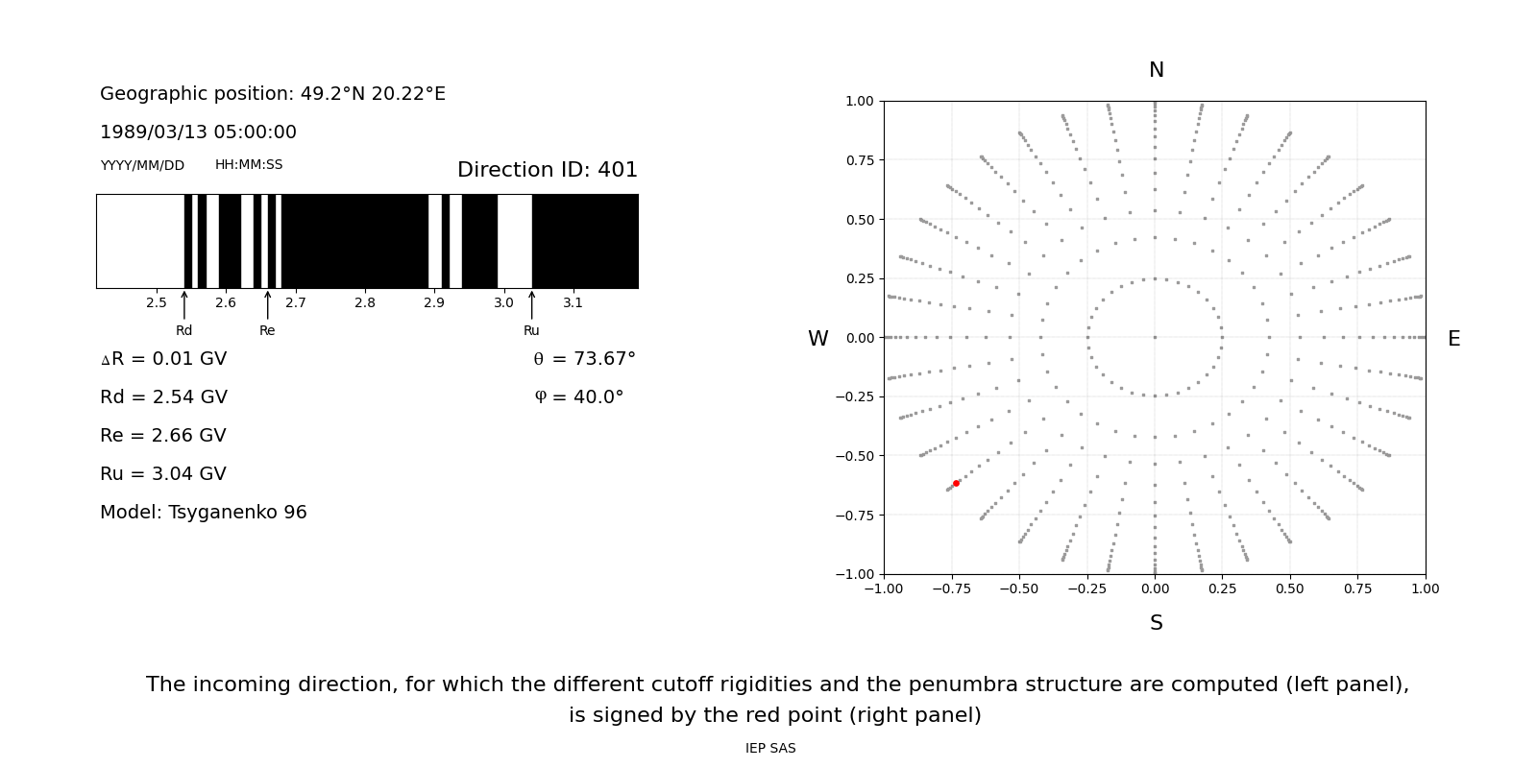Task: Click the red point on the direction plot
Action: click(956, 483)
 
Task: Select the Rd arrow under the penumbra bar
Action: click(184, 305)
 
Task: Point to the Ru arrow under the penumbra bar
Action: click(531, 305)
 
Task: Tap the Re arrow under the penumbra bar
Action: click(267, 305)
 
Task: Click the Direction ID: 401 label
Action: click(547, 170)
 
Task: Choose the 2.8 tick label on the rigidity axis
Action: click(365, 303)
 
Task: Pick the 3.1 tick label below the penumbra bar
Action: click(573, 303)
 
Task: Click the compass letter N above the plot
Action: click(1156, 70)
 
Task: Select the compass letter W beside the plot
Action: click(817, 339)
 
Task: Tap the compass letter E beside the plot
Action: click(1453, 339)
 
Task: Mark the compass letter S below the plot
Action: click(1156, 623)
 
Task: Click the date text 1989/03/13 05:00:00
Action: click(198, 132)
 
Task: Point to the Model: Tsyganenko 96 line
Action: click(204, 513)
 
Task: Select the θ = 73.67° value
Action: click(584, 359)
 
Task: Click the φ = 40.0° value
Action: click(579, 397)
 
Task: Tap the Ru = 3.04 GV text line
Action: click(163, 474)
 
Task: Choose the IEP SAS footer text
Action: click(770, 748)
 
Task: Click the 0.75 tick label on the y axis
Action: click(859, 160)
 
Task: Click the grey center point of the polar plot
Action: click(1155, 337)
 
